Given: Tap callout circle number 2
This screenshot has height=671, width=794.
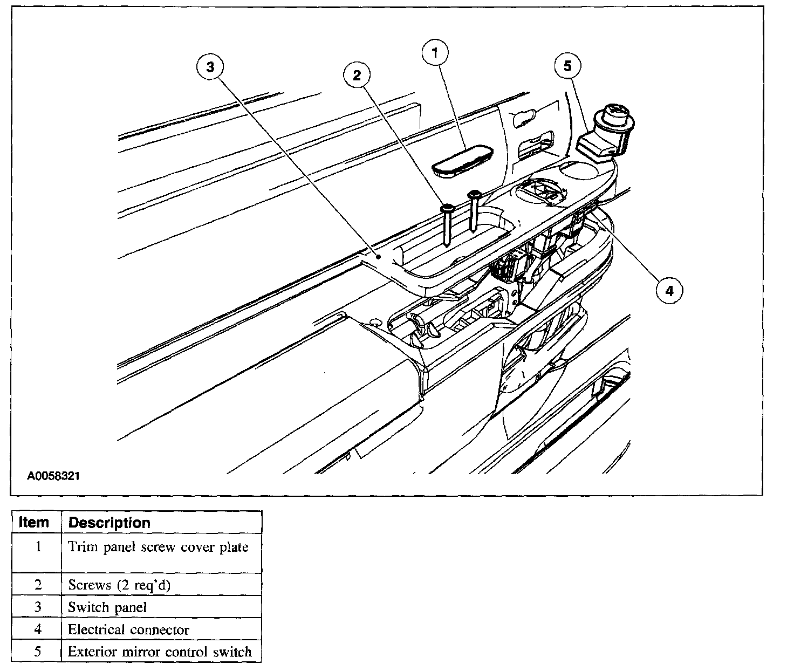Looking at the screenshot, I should pyautogui.click(x=357, y=75).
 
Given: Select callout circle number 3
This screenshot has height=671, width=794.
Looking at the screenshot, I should pyautogui.click(x=210, y=67).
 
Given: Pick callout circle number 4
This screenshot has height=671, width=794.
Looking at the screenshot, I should pyautogui.click(x=669, y=291).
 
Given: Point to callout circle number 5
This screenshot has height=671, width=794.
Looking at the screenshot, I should pyautogui.click(x=567, y=66).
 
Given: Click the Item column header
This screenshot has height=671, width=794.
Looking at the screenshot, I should pyautogui.click(x=34, y=523).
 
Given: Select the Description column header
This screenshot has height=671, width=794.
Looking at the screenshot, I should pyautogui.click(x=109, y=523).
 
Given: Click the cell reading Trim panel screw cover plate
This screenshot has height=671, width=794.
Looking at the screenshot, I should pyautogui.click(x=158, y=547).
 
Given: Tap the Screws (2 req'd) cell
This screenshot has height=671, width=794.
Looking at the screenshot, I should pyautogui.click(x=119, y=585).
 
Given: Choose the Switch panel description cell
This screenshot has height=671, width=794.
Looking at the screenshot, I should pyautogui.click(x=107, y=607).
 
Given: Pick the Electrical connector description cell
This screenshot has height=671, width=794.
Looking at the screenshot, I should pyautogui.click(x=128, y=629).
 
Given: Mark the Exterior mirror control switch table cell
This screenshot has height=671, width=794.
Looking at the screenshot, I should pyautogui.click(x=160, y=652).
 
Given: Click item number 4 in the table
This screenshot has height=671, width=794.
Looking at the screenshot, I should pyautogui.click(x=38, y=629).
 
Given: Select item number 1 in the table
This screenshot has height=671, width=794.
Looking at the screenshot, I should pyautogui.click(x=38, y=547).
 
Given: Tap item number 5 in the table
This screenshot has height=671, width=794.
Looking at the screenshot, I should pyautogui.click(x=38, y=652).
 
